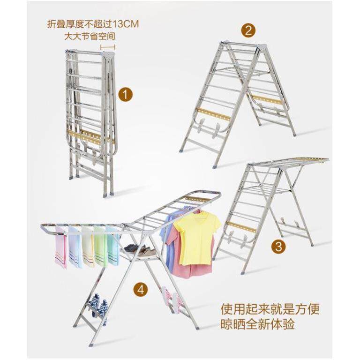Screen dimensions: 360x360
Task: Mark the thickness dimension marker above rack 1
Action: [x=107, y=47]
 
